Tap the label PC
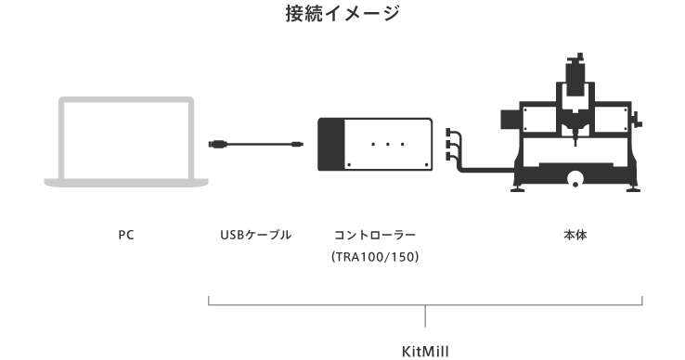[x=126, y=236]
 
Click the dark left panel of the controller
[x=330, y=144]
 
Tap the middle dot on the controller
[x=387, y=144]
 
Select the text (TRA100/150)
[x=375, y=257]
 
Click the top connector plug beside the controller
[x=451, y=134]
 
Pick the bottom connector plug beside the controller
[x=451, y=156]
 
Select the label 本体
[x=575, y=236]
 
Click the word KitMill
[x=425, y=352]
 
